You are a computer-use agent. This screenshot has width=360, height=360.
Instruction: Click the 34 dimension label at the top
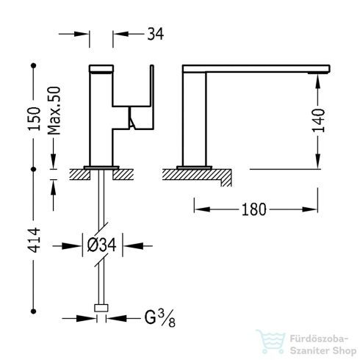click(x=155, y=34)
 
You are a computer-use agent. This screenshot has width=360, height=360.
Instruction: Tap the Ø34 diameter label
click(x=101, y=245)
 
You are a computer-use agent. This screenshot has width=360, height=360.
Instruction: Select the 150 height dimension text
click(x=34, y=118)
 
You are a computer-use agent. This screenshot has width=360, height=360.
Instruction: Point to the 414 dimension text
click(x=34, y=240)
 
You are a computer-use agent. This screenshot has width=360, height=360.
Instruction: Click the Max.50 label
click(x=54, y=111)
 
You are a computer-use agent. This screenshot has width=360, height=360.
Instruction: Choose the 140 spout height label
click(x=318, y=120)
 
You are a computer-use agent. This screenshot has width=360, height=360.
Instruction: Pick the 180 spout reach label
click(x=253, y=209)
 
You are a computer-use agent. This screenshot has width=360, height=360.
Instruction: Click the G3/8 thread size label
click(x=159, y=318)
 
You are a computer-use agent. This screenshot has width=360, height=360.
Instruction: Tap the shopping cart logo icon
click(x=270, y=342)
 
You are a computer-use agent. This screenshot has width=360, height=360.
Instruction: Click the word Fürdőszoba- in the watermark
click(x=319, y=339)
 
